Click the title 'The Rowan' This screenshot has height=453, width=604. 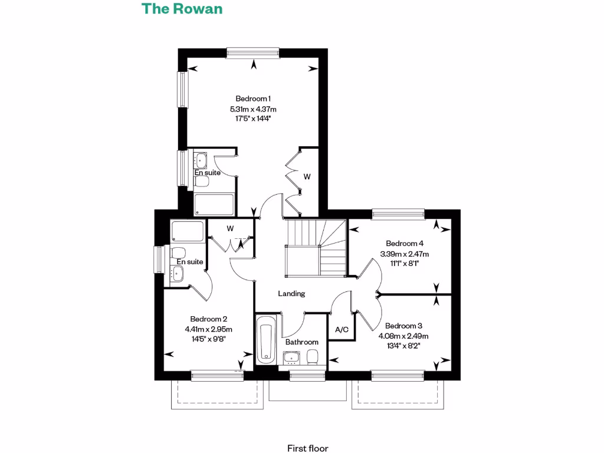[182, 9]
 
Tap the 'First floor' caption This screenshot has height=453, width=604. [307, 448]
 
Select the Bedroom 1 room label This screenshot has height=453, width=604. [253, 99]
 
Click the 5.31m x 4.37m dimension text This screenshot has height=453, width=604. [253, 109]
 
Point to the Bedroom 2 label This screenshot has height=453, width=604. [209, 319]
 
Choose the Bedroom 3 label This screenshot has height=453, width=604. [403, 326]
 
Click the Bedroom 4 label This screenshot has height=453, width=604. [405, 243]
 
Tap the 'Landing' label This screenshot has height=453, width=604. [292, 293]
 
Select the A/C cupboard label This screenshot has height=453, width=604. [342, 330]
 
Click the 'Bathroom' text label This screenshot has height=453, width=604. [301, 342]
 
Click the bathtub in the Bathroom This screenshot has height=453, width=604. [266, 340]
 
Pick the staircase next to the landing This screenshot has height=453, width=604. [314, 248]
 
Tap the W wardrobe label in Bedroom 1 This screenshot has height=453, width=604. [307, 176]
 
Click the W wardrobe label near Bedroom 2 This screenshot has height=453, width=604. [230, 228]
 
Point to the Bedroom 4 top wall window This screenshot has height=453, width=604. [398, 214]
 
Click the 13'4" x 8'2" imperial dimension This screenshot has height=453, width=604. [403, 346]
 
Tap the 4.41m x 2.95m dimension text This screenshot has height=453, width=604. [209, 329]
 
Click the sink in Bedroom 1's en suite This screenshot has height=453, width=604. [201, 159]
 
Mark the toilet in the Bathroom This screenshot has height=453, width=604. [314, 355]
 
